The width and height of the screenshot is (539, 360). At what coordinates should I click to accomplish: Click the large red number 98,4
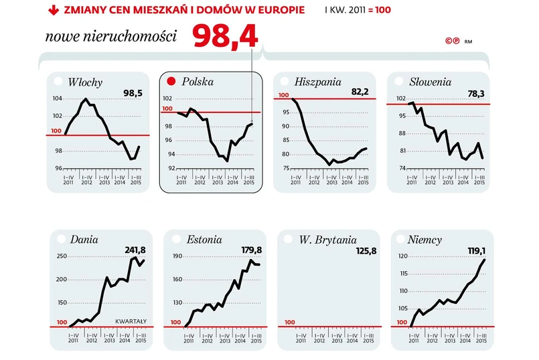(x=226, y=37)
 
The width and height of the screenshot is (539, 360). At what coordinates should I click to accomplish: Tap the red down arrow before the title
(x=52, y=11)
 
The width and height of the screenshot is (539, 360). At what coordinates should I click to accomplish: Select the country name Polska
(x=198, y=82)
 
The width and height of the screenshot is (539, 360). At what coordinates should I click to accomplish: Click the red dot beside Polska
(x=171, y=82)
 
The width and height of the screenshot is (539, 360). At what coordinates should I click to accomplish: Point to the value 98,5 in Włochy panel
(x=133, y=92)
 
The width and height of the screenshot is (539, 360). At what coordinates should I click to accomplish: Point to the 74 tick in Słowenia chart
(x=401, y=168)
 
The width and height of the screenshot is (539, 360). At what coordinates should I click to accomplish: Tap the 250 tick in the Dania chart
(x=61, y=257)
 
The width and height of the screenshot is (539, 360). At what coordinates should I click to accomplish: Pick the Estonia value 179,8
(x=251, y=250)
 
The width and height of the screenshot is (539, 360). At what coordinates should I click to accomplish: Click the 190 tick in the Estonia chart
(x=177, y=257)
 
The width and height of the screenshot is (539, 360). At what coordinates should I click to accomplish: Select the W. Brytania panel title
(x=327, y=240)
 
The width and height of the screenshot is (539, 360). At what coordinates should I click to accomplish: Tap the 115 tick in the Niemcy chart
(x=402, y=274)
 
